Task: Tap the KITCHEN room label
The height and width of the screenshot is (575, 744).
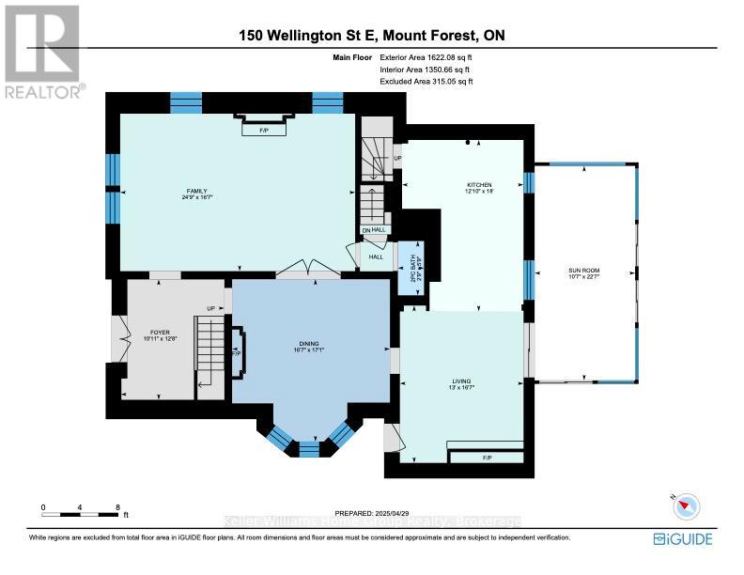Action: click(479, 185)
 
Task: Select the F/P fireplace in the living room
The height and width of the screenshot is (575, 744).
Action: click(487, 458)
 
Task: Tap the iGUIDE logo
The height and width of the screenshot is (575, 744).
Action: click(683, 538)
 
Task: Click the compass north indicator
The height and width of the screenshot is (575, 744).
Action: click(685, 505)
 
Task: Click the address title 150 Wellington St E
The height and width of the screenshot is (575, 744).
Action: click(371, 36)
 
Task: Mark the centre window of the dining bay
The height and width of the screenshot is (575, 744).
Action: click(308, 448)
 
